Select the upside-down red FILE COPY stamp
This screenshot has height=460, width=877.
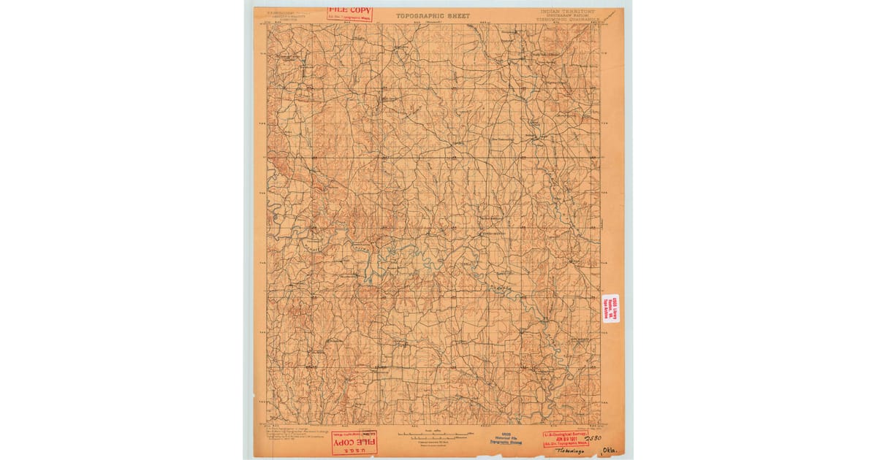click(x=354, y=441)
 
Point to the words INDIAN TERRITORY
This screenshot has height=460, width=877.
click(x=568, y=12)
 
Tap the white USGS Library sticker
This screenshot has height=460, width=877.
click(x=610, y=307)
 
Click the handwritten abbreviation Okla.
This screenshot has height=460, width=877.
click(x=608, y=451)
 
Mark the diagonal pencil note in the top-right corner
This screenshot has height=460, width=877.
click(x=609, y=15)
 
